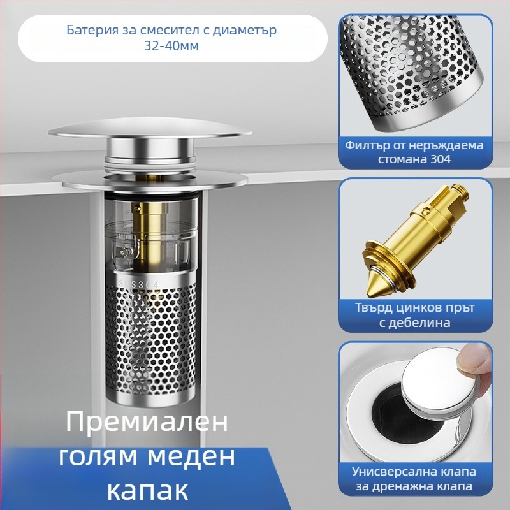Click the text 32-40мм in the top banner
tap(171, 45)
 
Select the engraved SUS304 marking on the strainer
tap(139, 284)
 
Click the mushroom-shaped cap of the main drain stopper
tap(150, 131)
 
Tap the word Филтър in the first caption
tap(368, 145)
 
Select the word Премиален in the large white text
tap(147, 422)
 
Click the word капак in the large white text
tap(147, 491)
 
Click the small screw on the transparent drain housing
tap(124, 251)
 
